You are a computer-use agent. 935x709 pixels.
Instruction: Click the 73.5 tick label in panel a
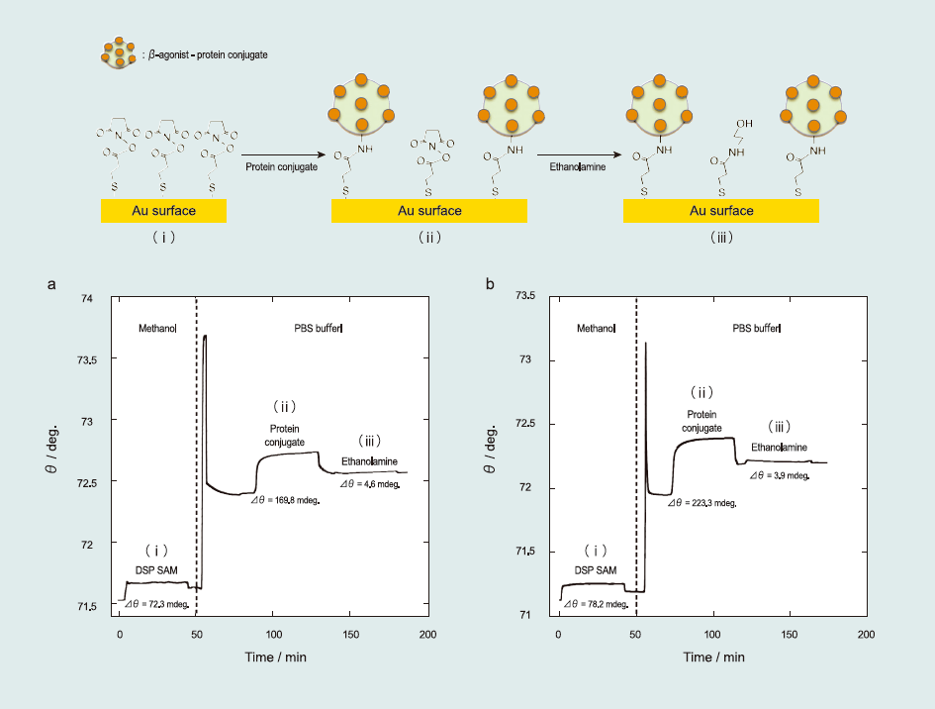tap(90, 359)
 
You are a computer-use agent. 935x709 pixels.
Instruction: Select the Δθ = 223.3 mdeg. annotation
tap(701, 503)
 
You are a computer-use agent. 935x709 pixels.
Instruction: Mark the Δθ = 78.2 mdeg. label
tap(594, 603)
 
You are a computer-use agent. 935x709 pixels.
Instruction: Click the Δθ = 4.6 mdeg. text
tap(370, 484)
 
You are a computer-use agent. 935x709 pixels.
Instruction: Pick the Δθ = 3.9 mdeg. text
tap(780, 476)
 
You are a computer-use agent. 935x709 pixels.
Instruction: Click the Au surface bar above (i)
tap(163, 211)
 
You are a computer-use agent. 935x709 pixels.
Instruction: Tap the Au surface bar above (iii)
tap(720, 211)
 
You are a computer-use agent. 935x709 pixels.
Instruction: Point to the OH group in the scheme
tap(744, 124)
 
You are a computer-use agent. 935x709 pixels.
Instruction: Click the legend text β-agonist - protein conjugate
tap(208, 55)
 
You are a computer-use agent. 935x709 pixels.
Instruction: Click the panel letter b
tap(490, 284)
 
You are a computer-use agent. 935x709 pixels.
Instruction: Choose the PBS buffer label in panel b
tap(757, 329)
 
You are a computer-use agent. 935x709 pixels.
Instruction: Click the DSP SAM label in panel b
tap(595, 570)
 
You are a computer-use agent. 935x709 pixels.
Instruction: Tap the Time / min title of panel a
tap(274, 658)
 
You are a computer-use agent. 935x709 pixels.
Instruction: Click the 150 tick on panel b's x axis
tap(789, 633)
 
